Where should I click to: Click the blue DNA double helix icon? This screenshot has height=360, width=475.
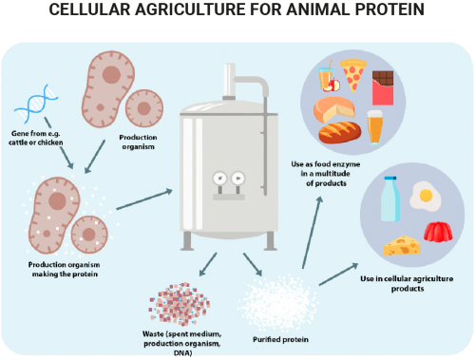pyautogui.click(x=36, y=104)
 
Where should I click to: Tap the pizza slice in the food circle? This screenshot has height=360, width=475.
pyautogui.click(x=353, y=74)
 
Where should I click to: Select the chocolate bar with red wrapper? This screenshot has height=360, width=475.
pyautogui.click(x=383, y=87)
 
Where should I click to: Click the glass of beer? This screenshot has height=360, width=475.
pyautogui.click(x=375, y=127)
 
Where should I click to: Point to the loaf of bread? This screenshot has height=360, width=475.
pyautogui.click(x=340, y=132)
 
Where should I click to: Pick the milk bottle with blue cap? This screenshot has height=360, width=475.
pyautogui.click(x=390, y=199)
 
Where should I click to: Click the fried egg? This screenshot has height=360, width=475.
pyautogui.click(x=425, y=197)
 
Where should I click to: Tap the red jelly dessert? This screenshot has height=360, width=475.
pyautogui.click(x=438, y=232)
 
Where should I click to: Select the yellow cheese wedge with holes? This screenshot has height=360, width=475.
pyautogui.click(x=402, y=245)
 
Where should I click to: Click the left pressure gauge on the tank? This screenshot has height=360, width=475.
pyautogui.click(x=219, y=179)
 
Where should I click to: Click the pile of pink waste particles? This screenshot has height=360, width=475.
pyautogui.click(x=180, y=304)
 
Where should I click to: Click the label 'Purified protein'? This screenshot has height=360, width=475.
pyautogui.click(x=280, y=340)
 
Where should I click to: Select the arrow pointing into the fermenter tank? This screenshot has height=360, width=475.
pyautogui.click(x=144, y=199)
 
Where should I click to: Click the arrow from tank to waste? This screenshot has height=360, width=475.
pyautogui.click(x=208, y=264)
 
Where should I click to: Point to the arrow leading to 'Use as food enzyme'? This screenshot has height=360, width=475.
pyautogui.click(x=313, y=233)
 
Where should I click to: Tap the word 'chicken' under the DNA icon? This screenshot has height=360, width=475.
pyautogui.click(x=50, y=142)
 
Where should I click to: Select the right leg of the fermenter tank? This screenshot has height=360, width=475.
pyautogui.click(x=270, y=241)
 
